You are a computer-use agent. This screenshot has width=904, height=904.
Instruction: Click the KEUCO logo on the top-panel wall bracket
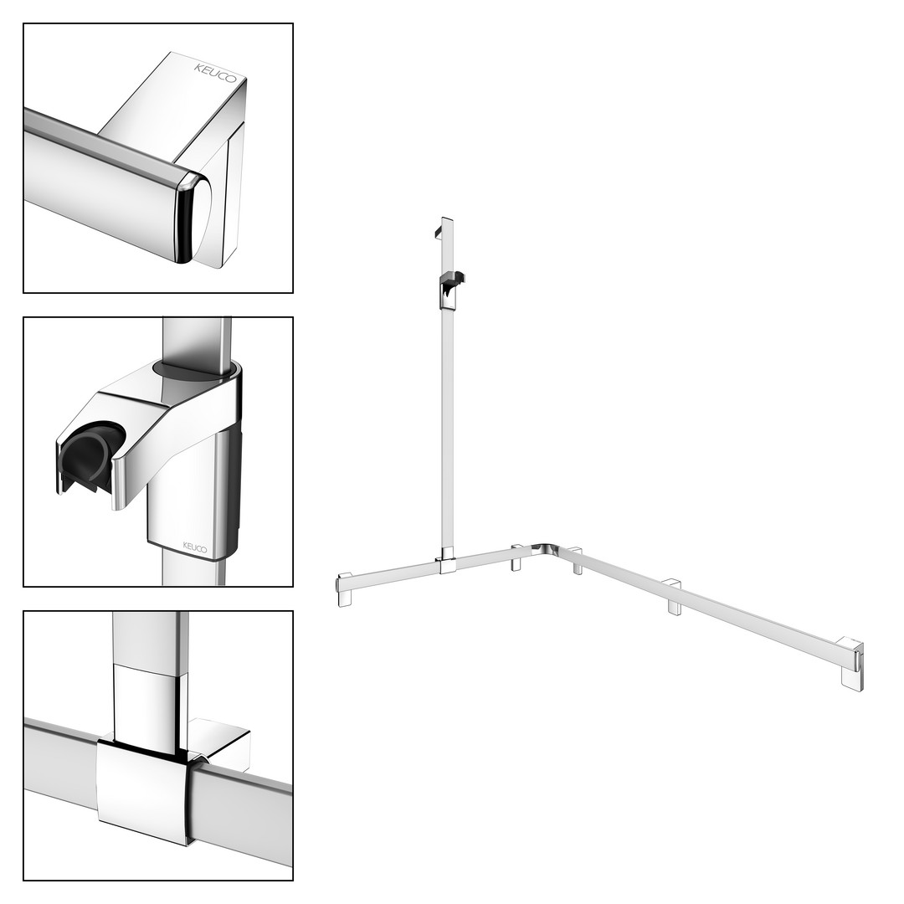pyautogui.click(x=215, y=73)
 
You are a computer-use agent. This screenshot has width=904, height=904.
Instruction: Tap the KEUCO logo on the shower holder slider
pyautogui.click(x=195, y=547)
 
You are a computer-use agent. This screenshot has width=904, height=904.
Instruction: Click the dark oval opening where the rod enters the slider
pyautogui.click(x=195, y=370)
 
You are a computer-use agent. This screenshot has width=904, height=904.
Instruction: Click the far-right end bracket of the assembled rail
pyautogui.click(x=852, y=663)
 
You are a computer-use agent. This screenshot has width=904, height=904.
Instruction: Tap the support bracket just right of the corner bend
pyautogui.click(x=577, y=560)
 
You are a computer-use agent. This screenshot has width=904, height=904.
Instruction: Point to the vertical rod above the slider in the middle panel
pyautogui.click(x=198, y=341)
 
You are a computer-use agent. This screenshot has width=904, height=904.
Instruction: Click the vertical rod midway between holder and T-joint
pyautogui.click(x=447, y=427)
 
